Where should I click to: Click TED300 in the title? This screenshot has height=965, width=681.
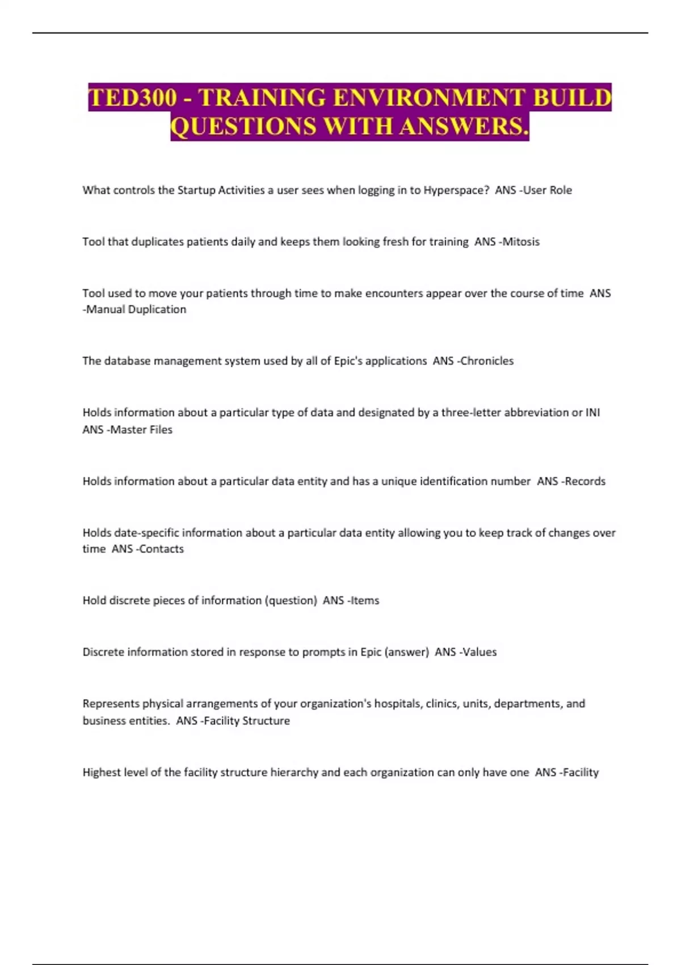(x=133, y=98)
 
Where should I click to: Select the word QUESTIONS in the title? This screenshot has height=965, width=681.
(x=243, y=126)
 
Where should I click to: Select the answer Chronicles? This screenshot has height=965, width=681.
(x=487, y=361)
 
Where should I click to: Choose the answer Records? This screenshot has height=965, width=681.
(x=585, y=481)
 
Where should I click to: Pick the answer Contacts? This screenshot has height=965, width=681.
(x=162, y=549)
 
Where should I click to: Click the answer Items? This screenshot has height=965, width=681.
(x=365, y=601)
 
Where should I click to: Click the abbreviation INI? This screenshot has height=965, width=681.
(x=592, y=413)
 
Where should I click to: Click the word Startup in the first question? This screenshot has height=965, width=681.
(x=196, y=190)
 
